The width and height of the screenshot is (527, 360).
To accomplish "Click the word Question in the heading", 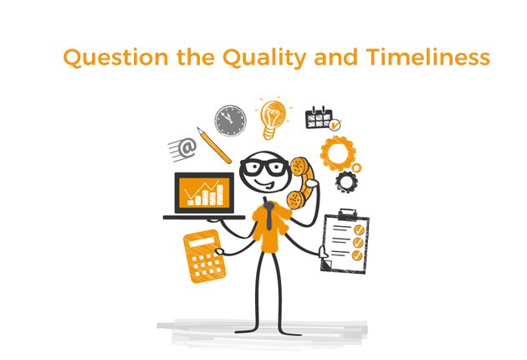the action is point(115,57).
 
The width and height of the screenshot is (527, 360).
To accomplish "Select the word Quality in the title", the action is point(264,58).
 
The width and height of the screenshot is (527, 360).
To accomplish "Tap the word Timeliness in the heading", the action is point(428,57).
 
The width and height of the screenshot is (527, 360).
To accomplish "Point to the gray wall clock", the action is point(231,121).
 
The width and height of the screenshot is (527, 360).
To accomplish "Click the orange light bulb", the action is point(273,118).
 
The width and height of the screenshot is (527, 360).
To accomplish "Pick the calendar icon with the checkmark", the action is point(323,118).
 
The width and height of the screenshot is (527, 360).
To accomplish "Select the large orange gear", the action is point(337,153).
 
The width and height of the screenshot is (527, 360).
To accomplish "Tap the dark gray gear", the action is point(346,182).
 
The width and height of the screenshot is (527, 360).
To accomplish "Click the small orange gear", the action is point(356,167).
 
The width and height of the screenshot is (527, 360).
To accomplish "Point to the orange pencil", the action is point(214,145).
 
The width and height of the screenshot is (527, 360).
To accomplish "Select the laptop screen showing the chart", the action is point(204,193).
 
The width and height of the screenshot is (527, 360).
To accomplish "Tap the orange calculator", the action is point(204,256).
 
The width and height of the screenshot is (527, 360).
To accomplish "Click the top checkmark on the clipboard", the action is point(360,229).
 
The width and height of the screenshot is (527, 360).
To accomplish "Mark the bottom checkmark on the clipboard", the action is point(357,255).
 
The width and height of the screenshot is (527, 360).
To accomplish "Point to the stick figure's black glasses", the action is point(265,167).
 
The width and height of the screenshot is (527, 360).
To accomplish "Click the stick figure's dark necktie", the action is point(269,215).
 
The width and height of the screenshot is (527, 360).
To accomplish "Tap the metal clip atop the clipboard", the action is point(347,214).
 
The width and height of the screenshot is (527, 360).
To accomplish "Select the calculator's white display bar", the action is point(202,242).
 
